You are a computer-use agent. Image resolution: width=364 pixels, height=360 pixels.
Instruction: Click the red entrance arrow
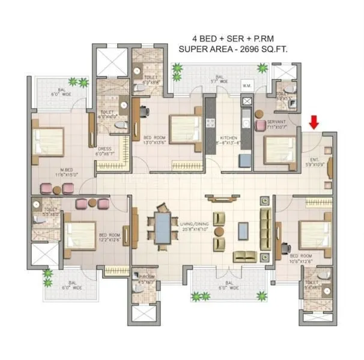(314, 122)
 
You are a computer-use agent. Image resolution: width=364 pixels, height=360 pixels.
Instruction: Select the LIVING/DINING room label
(195, 227)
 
